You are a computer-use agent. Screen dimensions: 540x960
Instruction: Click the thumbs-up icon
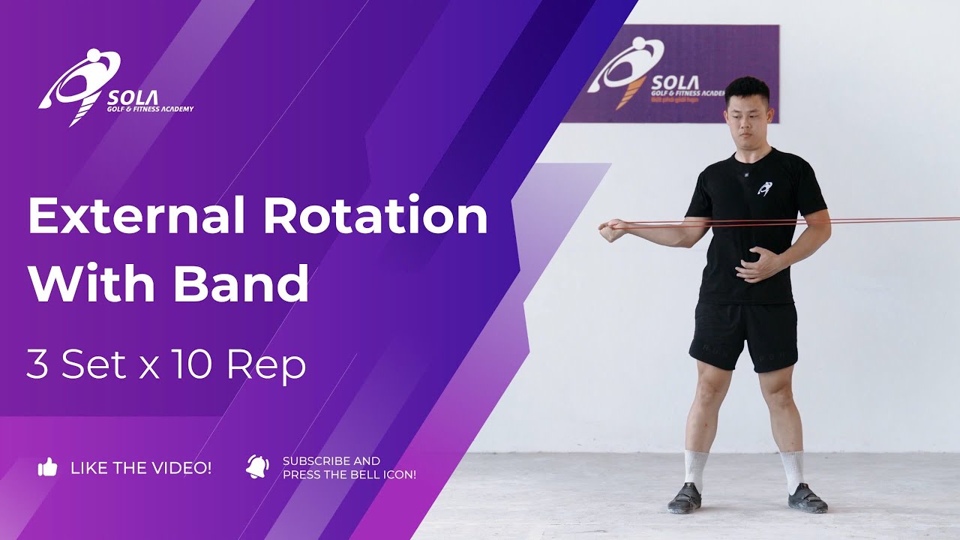(48, 468)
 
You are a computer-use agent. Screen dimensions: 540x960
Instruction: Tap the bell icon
(257, 466)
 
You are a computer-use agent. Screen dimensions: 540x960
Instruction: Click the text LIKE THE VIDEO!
(141, 468)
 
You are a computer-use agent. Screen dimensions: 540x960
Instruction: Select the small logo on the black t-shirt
(764, 190)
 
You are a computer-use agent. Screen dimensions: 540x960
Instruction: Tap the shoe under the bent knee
(684, 498)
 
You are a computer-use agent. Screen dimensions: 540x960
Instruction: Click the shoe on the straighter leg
(806, 498)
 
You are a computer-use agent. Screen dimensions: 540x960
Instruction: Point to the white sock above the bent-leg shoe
(695, 466)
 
